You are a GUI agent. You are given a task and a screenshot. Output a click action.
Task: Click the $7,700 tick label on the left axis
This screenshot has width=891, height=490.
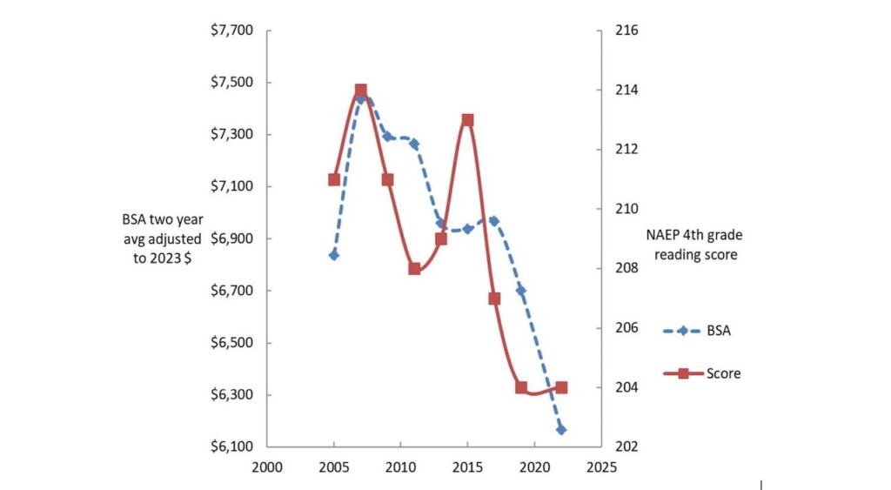coord(231,30)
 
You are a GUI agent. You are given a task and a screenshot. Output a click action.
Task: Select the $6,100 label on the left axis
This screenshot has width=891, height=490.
coord(231,446)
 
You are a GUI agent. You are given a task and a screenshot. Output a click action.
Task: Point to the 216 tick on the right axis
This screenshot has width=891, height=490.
coord(628,30)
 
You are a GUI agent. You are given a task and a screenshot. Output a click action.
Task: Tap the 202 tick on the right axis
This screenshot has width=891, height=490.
coord(628,446)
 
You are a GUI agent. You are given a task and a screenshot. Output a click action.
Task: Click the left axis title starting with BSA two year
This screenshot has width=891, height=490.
coord(162,238)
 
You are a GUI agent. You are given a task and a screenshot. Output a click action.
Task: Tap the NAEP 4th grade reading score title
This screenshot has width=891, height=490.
coord(694,245)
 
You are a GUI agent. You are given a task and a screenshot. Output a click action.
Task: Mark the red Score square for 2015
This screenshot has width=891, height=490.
coord(467,120)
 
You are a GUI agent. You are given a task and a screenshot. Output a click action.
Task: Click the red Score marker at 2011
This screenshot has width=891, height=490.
coord(414,269)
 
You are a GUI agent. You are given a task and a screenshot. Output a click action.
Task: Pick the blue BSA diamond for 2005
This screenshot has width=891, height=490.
coord(334,255)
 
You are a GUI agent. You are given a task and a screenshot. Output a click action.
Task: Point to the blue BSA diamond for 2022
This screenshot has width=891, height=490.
coord(561,430)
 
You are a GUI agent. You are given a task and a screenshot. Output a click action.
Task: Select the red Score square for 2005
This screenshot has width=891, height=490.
coord(334,179)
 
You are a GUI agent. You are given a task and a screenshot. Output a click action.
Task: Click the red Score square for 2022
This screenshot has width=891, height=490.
coord(561,387)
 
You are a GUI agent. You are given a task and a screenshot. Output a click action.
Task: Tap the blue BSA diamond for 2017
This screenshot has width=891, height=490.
coord(494,221)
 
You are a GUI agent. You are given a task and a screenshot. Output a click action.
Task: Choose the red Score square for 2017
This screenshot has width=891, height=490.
coord(494,299)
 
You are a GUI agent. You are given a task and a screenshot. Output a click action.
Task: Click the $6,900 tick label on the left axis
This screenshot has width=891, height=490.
coord(231,238)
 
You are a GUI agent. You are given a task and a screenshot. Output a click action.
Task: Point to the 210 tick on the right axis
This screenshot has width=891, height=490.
coord(628,209)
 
